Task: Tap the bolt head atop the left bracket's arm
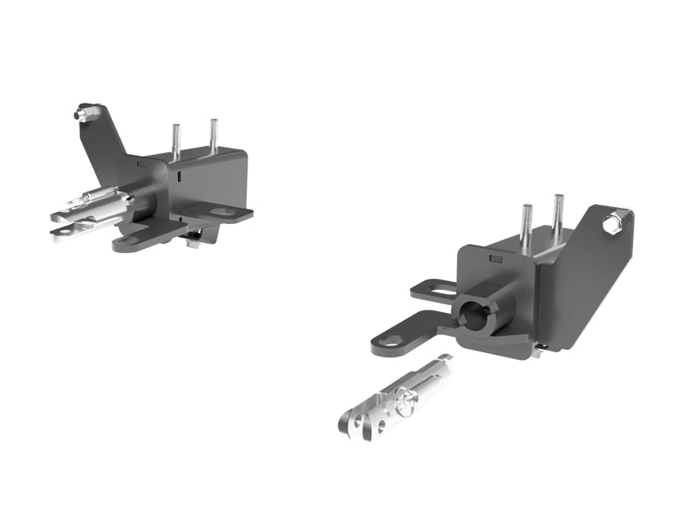84,111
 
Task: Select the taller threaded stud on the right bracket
558,217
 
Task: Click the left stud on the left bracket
176,141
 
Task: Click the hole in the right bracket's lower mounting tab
390,341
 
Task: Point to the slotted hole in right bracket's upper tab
438,291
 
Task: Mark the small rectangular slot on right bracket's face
494,256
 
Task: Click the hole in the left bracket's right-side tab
222,210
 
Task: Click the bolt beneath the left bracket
194,242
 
